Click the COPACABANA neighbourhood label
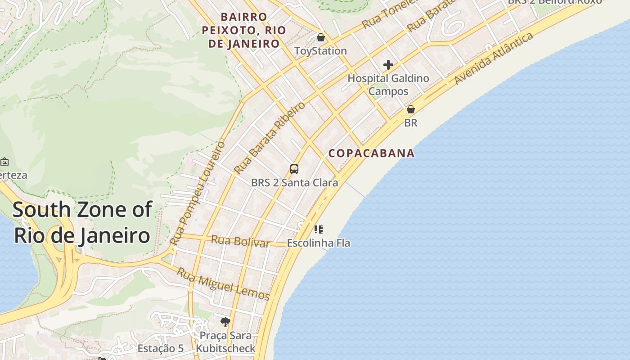(371, 153)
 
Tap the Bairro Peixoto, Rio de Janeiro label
(243, 30)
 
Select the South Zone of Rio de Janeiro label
(82, 222)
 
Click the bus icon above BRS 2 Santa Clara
(294, 169)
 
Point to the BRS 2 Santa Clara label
(294, 183)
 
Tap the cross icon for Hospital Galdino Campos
(388, 65)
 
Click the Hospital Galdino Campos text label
(388, 85)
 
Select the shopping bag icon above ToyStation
(321, 37)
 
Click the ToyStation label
(320, 51)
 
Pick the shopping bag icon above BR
(411, 109)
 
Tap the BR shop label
(411, 122)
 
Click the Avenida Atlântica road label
(494, 58)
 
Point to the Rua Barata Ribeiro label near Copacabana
(270, 138)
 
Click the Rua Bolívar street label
(241, 241)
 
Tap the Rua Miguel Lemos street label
(223, 284)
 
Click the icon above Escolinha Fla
(319, 229)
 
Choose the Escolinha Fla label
(319, 243)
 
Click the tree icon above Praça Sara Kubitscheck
(225, 322)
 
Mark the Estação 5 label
(161, 348)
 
